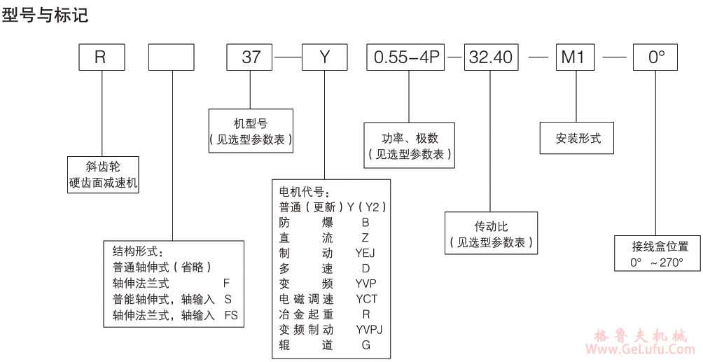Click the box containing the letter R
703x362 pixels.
click(x=100, y=57)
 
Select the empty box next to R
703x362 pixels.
click(x=172, y=57)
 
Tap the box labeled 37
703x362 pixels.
click(x=251, y=57)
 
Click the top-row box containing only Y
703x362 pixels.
click(x=324, y=57)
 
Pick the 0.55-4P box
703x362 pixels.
click(x=406, y=57)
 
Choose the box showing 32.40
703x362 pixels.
click(x=491, y=57)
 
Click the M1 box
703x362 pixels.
click(x=574, y=57)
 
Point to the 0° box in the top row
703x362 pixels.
click(x=655, y=57)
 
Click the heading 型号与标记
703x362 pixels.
click(x=45, y=15)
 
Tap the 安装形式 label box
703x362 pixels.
click(x=578, y=138)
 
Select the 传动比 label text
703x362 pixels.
click(x=490, y=226)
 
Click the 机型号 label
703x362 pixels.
click(x=251, y=123)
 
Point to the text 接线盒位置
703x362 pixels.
click(x=660, y=246)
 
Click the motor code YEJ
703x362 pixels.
click(x=365, y=253)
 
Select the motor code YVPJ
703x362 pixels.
click(x=369, y=329)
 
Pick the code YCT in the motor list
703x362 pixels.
click(x=366, y=299)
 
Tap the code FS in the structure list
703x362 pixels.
click(x=231, y=315)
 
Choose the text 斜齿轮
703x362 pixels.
click(x=103, y=166)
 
